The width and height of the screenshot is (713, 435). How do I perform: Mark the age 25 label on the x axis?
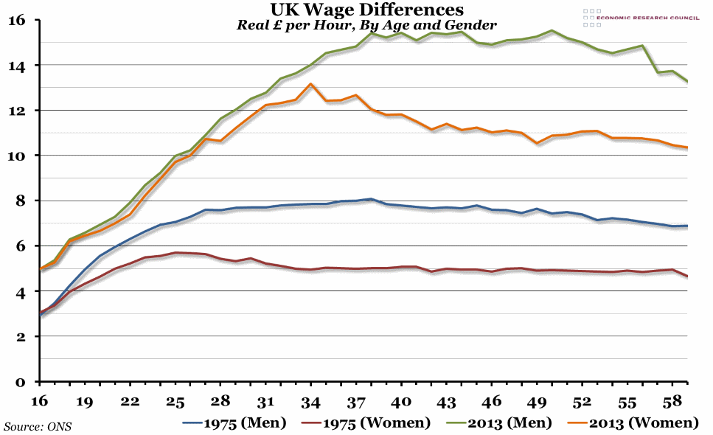(175, 402)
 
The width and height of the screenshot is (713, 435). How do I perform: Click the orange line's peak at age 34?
(311, 84)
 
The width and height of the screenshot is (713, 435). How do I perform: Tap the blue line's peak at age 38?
(371, 199)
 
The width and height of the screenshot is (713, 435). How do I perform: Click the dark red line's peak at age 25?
(175, 253)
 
